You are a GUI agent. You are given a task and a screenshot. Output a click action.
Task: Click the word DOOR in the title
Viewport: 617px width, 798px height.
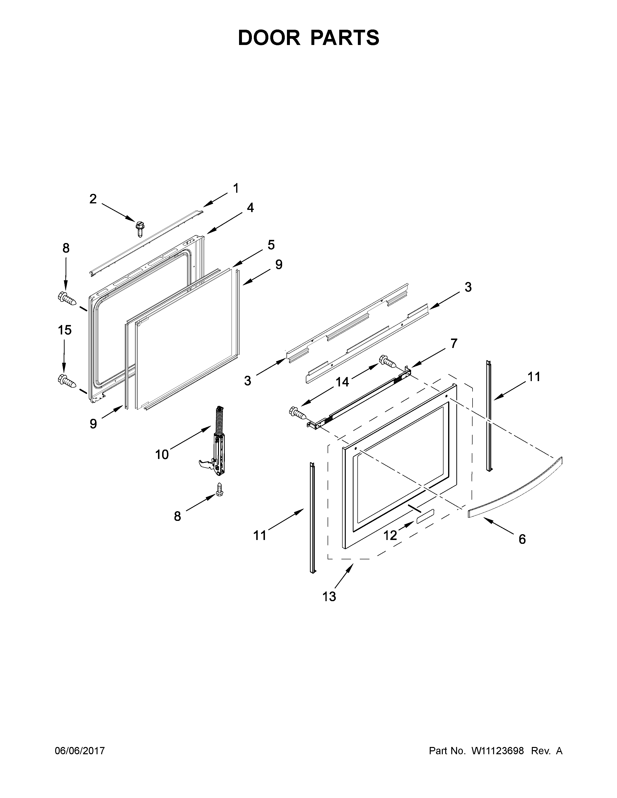pos(269,38)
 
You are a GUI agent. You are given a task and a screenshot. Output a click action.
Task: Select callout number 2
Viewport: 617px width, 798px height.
pos(93,199)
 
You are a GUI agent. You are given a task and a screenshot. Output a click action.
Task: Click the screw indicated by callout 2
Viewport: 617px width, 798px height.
pos(139,229)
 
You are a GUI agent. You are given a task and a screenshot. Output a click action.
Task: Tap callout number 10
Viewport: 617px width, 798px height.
pos(162,455)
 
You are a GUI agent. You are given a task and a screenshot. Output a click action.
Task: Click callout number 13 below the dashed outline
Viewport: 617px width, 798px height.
pos(329,597)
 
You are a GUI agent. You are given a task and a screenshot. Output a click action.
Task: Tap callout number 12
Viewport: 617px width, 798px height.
pos(390,535)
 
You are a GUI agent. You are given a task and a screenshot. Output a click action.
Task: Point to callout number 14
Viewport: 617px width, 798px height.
pos(342,382)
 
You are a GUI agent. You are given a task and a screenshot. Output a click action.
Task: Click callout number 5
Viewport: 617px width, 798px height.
pos(271,245)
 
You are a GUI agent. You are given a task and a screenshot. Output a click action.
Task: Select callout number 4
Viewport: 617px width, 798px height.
pos(250,207)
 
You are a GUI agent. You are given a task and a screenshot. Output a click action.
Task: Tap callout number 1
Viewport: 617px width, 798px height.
pos(236,189)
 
